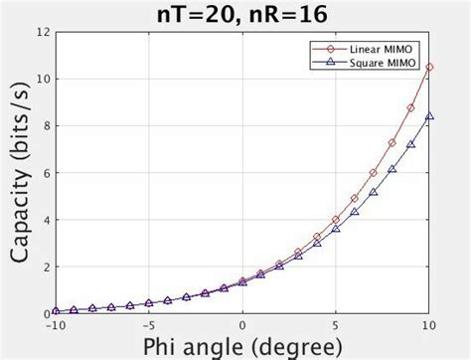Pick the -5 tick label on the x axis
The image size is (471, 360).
coord(148,324)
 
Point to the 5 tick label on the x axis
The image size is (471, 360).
coord(336,324)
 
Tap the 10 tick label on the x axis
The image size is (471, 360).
coord(428,324)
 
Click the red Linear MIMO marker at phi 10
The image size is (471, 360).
coord(428,68)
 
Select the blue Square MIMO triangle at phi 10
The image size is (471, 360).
coord(428,116)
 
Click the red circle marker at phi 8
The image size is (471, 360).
coord(392,143)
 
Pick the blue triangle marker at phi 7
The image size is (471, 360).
coord(373,192)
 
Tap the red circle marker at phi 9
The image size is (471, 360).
coord(410,107)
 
